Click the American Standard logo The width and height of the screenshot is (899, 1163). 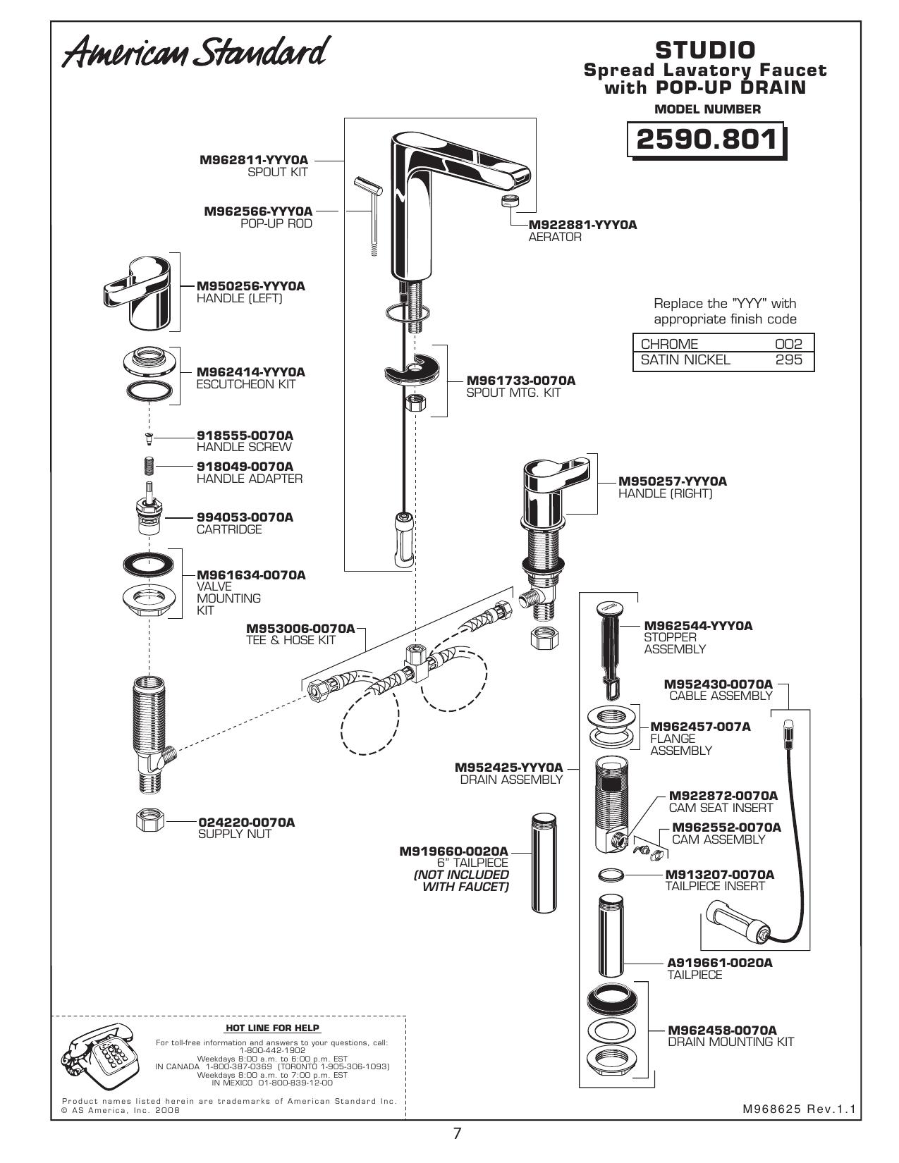tap(196, 52)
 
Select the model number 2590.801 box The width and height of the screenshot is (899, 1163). tap(707, 140)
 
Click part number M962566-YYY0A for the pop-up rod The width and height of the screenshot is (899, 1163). tap(258, 211)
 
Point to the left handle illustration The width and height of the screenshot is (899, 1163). tap(137, 293)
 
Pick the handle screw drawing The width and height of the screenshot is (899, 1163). tap(149, 438)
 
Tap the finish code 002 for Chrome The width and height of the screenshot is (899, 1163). tap(789, 344)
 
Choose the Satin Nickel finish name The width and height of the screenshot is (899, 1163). tap(685, 359)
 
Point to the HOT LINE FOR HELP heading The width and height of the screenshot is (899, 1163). tap(273, 1028)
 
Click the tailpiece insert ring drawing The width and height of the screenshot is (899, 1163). tap(611, 875)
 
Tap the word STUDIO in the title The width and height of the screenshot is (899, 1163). tap(705, 50)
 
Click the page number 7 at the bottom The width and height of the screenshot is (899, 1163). tap(457, 1133)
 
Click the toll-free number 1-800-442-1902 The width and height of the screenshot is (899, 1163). tap(272, 1050)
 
